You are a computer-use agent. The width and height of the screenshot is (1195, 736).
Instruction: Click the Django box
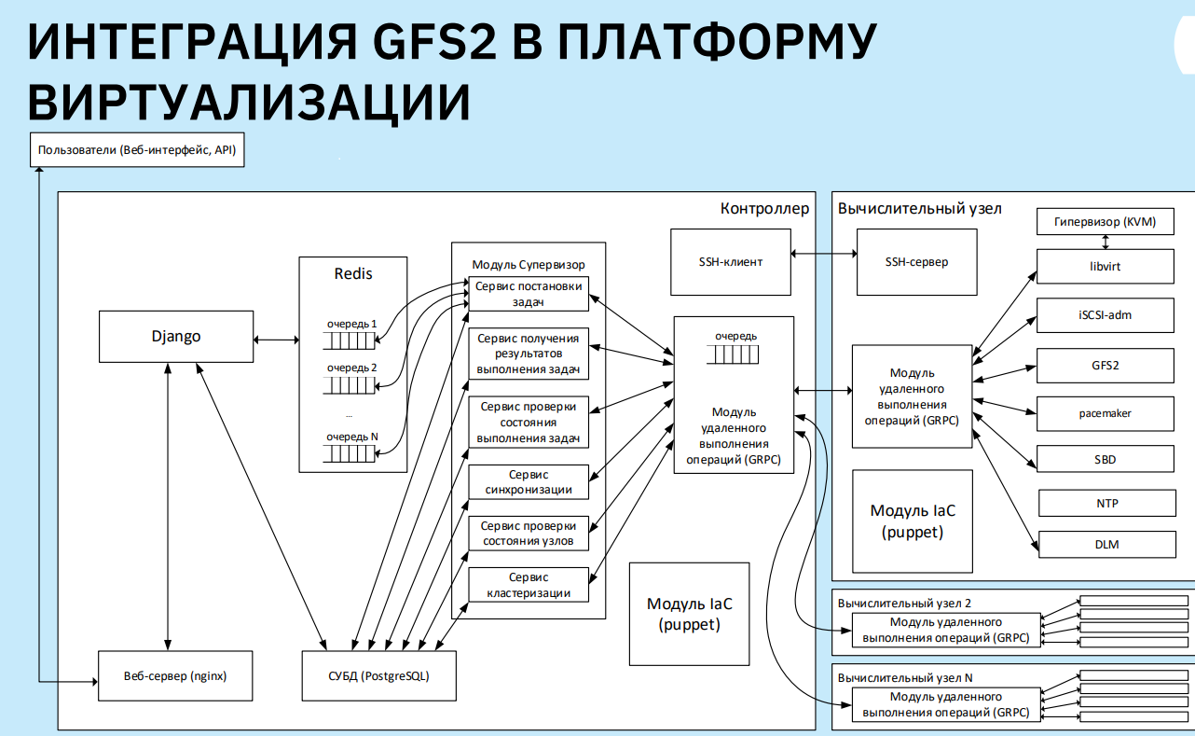(176, 337)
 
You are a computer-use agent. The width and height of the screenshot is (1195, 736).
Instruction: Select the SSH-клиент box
(731, 262)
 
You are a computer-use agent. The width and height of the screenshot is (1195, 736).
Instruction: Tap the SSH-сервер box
(916, 262)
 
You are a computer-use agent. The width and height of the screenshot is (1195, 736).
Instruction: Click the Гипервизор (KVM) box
(1105, 222)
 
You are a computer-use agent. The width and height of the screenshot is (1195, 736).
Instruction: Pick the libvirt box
(1105, 267)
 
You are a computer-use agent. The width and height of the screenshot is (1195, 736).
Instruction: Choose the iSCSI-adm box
(1105, 315)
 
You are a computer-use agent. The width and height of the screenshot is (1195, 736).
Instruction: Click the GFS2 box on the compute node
(1105, 365)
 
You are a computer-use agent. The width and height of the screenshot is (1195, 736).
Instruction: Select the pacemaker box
(1105, 412)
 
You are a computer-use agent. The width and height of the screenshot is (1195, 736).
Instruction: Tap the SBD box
(1105, 459)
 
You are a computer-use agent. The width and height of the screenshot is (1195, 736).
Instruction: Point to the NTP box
(1106, 504)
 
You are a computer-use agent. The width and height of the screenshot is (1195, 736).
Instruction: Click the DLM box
(1106, 545)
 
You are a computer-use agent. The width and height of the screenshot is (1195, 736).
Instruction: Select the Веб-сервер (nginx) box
(175, 676)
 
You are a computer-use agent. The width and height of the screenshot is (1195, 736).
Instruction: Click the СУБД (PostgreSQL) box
(379, 676)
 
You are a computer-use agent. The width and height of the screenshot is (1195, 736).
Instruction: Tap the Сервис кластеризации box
(529, 585)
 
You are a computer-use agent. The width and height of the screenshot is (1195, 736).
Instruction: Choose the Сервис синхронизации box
(529, 481)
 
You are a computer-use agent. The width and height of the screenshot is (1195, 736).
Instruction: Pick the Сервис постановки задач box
(529, 294)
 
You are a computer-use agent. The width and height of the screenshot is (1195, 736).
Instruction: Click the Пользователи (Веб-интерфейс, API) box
(137, 149)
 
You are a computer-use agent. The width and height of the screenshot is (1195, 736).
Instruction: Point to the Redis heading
(353, 274)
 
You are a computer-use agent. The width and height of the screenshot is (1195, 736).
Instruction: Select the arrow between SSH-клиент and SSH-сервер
(823, 254)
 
